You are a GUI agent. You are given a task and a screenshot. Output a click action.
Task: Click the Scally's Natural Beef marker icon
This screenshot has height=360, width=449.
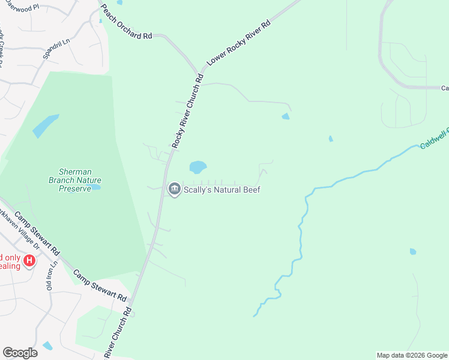point(174,190)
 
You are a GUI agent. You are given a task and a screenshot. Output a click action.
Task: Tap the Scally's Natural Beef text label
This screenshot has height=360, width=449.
point(222,190)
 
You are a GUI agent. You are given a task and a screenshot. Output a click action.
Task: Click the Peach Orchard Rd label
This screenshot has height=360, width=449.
point(125,23)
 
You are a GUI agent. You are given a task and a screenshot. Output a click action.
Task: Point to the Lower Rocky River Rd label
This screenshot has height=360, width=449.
point(239,43)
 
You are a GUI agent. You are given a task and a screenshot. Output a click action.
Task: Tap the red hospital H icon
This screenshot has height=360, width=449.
point(29,261)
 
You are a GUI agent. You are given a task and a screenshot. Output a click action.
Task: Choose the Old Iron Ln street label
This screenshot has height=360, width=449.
point(52,275)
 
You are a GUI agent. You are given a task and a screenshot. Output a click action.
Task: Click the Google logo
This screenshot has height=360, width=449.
point(20,353)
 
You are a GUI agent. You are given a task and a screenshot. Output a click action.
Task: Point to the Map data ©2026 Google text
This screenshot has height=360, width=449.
point(412,355)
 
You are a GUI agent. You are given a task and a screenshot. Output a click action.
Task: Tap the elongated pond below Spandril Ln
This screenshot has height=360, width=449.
point(46,125)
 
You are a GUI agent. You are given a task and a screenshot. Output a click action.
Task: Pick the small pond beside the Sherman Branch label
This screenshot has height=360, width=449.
point(95,187)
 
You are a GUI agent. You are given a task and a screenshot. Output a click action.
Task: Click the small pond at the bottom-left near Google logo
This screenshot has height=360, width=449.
point(47,346)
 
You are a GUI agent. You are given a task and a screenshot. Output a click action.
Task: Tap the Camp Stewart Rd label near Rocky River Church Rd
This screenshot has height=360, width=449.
point(100,286)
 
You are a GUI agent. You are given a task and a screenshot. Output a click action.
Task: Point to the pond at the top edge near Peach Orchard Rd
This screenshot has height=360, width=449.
point(119,2)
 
